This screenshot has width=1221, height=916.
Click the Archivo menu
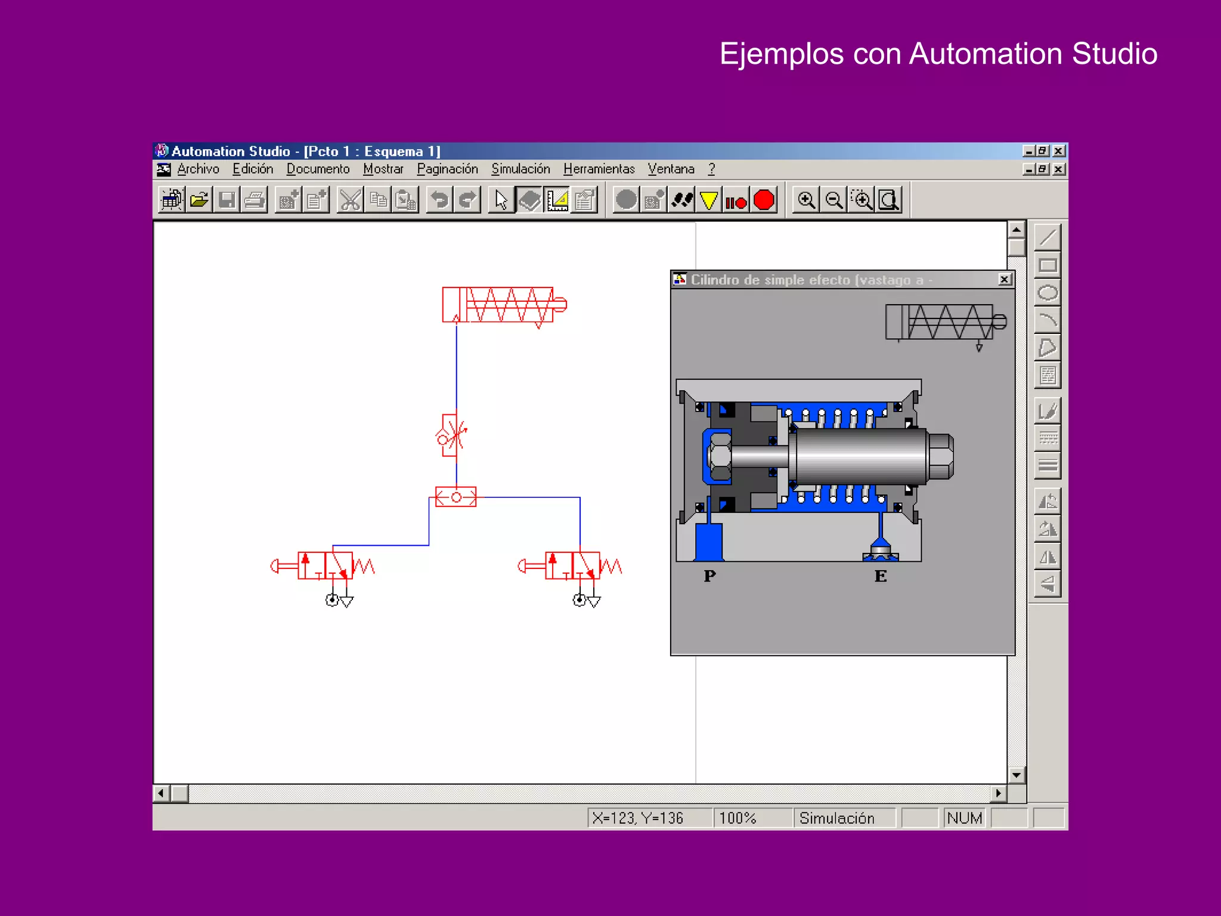point(198,169)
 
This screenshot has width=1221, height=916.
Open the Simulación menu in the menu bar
point(520,169)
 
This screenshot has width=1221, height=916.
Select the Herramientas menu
point(599,169)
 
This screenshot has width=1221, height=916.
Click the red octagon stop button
point(764,200)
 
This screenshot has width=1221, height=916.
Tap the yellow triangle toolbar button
point(708,200)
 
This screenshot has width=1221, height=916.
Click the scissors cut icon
point(350,200)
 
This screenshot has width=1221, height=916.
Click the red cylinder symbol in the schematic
point(504,305)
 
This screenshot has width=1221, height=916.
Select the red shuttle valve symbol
point(456,497)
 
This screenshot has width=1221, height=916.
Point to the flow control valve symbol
point(451,435)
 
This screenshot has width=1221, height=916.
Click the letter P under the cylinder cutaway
point(709,576)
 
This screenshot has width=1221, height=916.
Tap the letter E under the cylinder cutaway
point(881,576)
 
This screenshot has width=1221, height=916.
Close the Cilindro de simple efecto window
point(1005,280)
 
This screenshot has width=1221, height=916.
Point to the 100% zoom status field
point(737,818)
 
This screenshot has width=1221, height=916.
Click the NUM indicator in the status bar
point(964,818)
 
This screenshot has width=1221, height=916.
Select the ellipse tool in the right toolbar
point(1048,293)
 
